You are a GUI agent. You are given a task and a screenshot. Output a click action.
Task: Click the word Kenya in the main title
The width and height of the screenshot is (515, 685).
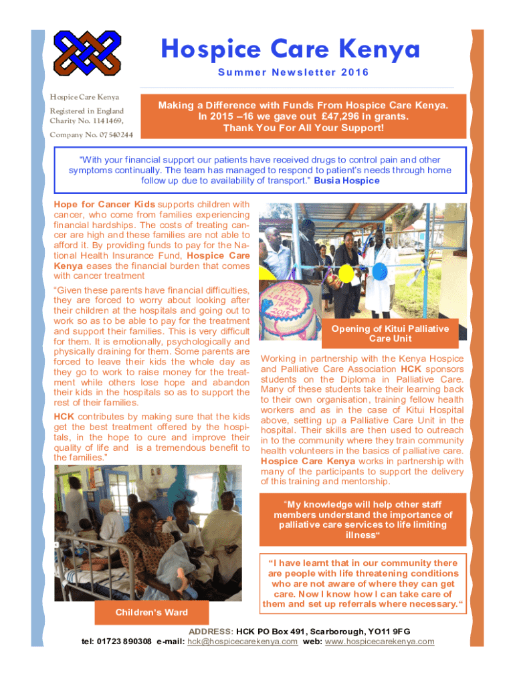click(x=381, y=50)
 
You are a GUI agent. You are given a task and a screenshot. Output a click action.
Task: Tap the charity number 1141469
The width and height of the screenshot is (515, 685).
click(x=108, y=121)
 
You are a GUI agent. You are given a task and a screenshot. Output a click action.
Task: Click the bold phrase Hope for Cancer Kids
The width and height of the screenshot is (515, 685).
click(x=104, y=204)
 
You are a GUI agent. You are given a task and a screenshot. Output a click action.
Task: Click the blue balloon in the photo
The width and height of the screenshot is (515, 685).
click(x=379, y=271)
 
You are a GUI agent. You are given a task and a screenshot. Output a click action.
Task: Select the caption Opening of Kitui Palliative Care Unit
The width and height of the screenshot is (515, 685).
click(x=390, y=333)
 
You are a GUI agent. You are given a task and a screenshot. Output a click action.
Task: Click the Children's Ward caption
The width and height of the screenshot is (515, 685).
click(x=151, y=612)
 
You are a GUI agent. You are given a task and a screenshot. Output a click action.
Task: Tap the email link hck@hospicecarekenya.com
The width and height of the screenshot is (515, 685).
click(x=242, y=642)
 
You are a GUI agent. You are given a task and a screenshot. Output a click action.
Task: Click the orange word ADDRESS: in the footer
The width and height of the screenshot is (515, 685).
click(x=211, y=631)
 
